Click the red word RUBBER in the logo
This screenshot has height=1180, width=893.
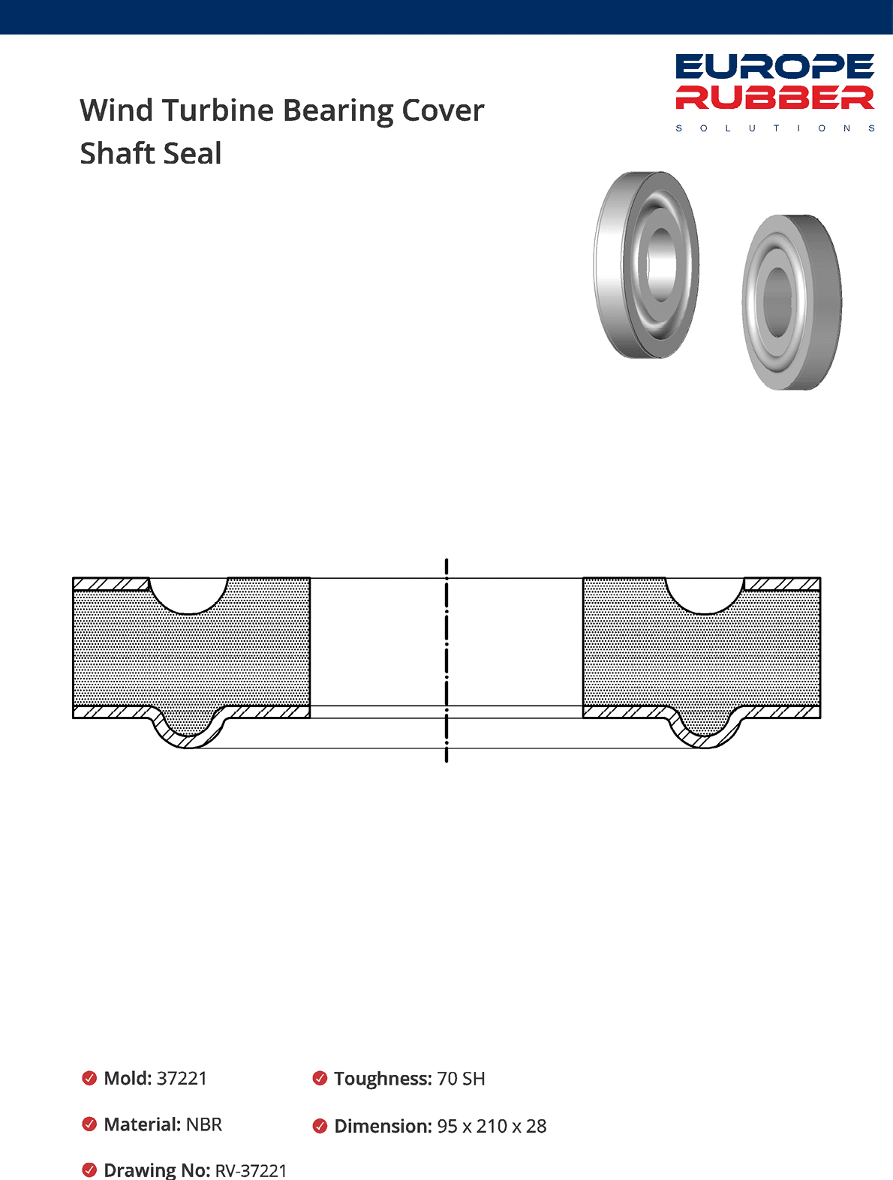pos(774,98)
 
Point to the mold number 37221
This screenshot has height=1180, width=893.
pos(182,1079)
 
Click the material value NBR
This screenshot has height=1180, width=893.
pos(203,1124)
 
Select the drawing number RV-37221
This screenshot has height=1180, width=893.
pos(251,1170)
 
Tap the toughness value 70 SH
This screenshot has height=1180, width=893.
pos(461,1079)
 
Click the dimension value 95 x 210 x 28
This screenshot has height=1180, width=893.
pos(492,1126)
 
